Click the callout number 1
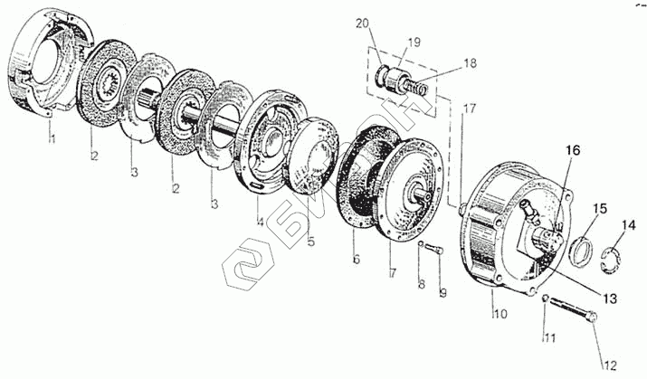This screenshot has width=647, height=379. [52, 138]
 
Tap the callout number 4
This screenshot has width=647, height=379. [260, 221]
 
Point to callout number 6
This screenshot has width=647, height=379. [356, 260]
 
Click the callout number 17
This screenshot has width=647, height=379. [468, 109]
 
